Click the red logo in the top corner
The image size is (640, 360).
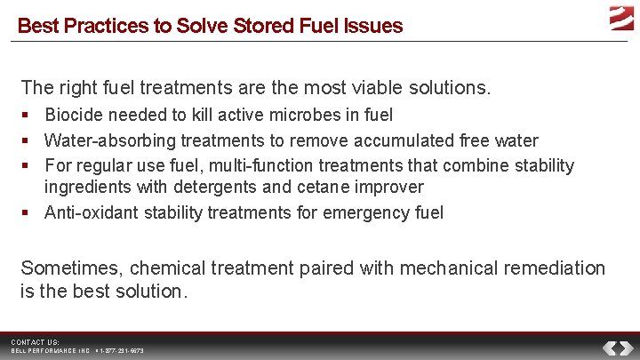pos(621,17)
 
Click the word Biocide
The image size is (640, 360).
pos(73,115)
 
